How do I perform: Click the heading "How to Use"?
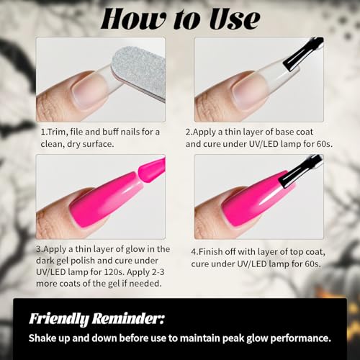tap(181, 19)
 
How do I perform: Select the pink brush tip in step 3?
tap(152, 170)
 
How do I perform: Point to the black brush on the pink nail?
tap(300, 171)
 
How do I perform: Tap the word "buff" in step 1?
tap(110, 132)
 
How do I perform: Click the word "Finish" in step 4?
tap(210, 252)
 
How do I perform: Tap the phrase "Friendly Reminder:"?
tap(96, 319)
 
